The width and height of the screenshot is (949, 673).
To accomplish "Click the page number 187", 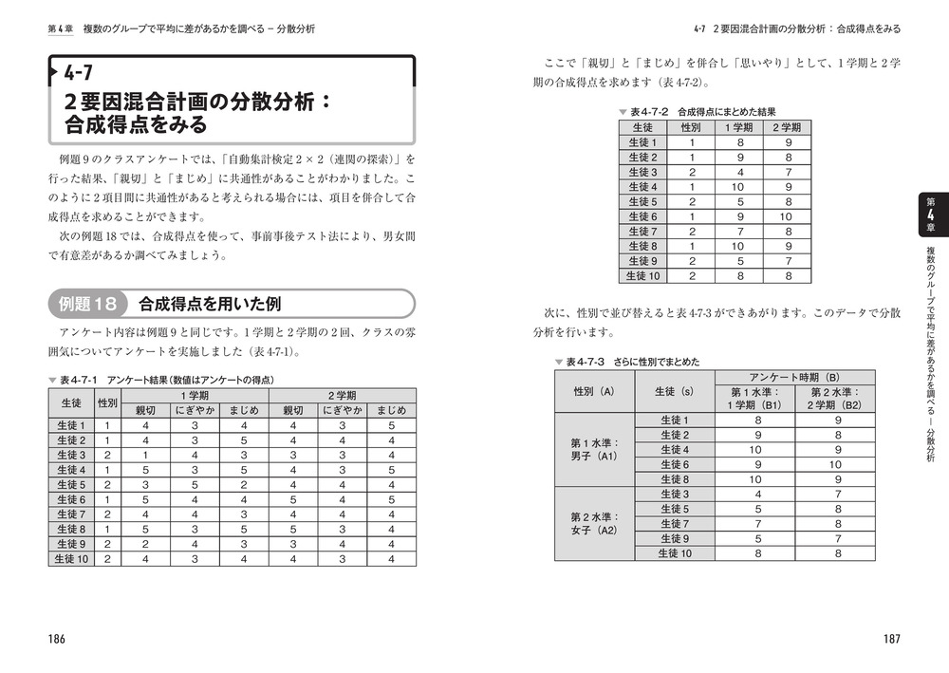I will [x=889, y=639].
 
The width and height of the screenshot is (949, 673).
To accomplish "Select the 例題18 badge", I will [x=87, y=304].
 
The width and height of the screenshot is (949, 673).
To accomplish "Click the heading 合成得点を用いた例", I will [x=210, y=304].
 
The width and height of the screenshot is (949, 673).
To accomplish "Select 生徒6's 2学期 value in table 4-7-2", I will [x=787, y=216].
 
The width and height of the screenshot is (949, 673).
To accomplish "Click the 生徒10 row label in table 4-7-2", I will [x=642, y=276].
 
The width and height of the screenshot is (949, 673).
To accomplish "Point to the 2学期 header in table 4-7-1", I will [x=343, y=395].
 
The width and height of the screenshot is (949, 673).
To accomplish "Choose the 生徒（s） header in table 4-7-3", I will [x=672, y=391].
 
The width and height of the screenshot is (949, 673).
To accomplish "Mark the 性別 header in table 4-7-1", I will [x=107, y=402].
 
